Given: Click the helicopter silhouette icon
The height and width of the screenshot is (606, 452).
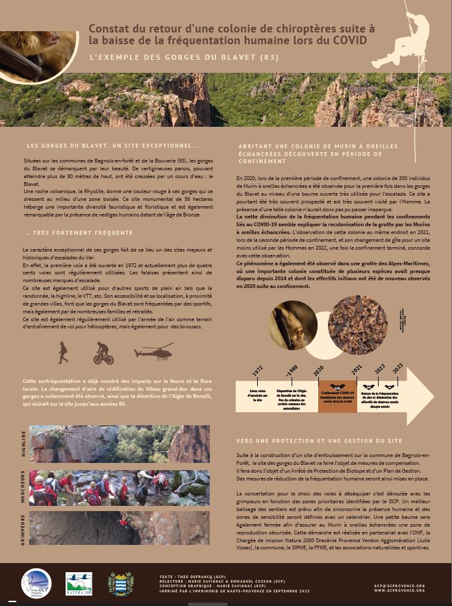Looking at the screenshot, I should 153,353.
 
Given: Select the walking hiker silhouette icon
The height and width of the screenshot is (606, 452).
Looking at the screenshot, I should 62,352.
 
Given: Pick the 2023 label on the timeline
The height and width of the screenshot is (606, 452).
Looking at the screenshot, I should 397,368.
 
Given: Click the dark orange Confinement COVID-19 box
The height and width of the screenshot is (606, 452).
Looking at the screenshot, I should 337,396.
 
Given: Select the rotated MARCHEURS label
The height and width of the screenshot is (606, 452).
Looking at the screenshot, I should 24,487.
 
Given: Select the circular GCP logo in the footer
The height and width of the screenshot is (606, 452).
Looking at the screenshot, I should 36,583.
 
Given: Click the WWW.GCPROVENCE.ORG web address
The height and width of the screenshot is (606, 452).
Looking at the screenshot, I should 399,590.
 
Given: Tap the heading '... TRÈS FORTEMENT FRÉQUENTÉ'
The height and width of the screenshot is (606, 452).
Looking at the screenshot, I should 78,232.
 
